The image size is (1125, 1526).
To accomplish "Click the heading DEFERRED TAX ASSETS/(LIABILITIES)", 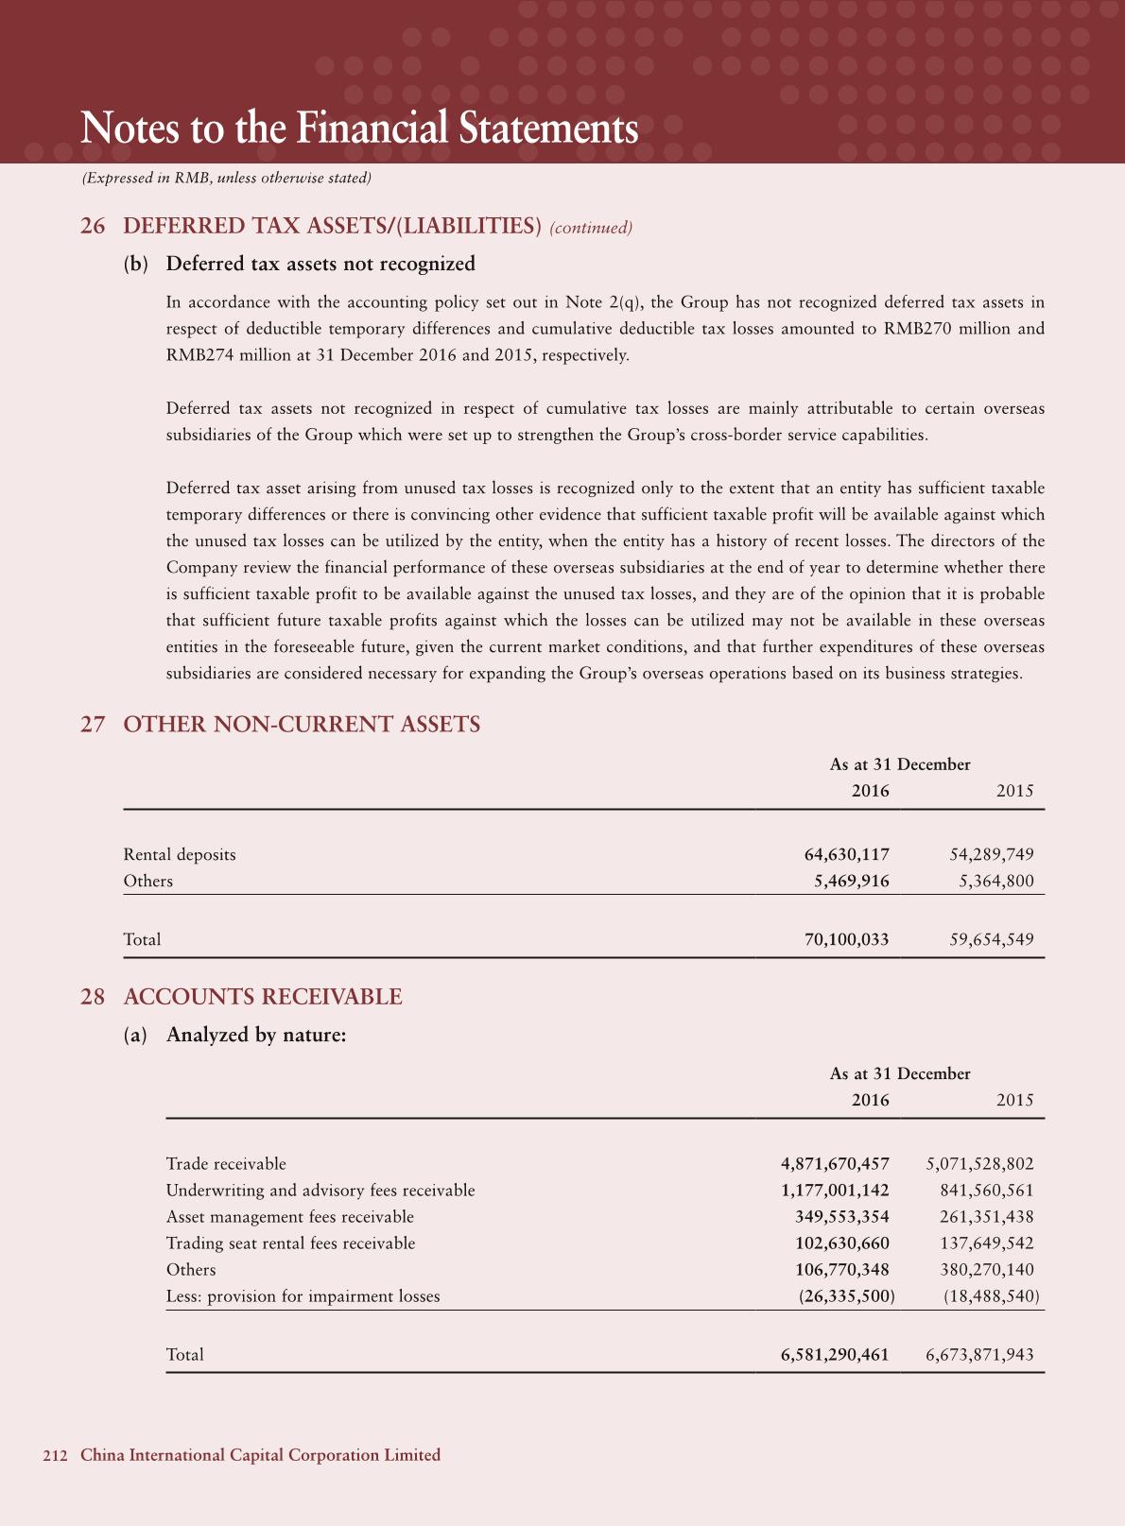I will click(332, 227).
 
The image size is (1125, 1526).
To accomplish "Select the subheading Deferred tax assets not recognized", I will click(320, 264).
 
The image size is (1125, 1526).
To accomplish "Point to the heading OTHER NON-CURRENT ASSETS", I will click(302, 725).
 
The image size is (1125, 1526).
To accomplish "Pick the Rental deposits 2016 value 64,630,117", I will click(846, 854).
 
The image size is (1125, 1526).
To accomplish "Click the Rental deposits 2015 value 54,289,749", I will click(991, 854).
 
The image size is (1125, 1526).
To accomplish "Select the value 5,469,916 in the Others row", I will click(851, 881).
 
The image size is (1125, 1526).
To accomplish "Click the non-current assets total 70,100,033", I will click(846, 939).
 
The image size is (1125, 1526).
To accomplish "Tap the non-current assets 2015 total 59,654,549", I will click(991, 939).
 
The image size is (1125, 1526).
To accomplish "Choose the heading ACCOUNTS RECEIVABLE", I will click(263, 997).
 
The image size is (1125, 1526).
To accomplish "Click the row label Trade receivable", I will click(226, 1163).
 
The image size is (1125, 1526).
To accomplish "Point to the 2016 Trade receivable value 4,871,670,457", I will click(835, 1163).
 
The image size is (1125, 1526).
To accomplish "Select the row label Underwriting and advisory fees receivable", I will click(320, 1190).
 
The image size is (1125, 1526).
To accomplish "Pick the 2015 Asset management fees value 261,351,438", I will click(986, 1216).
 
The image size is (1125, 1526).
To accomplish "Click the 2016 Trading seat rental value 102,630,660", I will click(841, 1243).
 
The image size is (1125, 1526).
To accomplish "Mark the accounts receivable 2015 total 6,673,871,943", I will click(979, 1354).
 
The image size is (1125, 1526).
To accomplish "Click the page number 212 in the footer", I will click(55, 1455).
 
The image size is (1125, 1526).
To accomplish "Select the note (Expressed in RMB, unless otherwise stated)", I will click(226, 178).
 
